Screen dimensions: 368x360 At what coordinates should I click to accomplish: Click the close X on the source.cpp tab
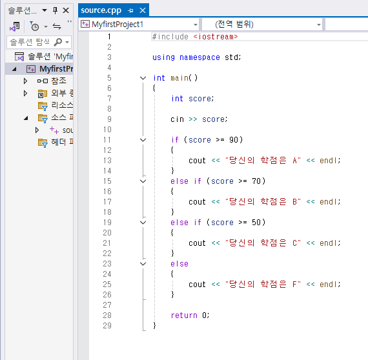point(143,10)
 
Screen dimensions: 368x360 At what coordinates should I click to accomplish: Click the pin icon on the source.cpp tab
point(130,10)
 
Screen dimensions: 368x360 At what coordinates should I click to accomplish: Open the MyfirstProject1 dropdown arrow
point(195,25)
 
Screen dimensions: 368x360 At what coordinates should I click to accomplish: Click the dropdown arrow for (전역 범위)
point(319,25)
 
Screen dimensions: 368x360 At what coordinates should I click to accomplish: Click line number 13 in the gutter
point(107,161)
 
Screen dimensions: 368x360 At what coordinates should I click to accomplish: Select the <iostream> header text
point(216,37)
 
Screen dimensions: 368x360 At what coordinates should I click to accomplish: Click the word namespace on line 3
point(199,57)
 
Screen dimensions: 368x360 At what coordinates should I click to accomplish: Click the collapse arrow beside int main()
point(143,78)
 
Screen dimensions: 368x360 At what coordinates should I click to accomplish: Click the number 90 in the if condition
point(234,140)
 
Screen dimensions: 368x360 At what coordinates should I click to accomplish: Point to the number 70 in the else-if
point(256,181)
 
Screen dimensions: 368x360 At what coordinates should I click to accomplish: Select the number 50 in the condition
point(256,223)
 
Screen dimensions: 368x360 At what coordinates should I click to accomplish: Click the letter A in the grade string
point(295,161)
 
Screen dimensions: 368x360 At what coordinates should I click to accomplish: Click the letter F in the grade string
point(295,285)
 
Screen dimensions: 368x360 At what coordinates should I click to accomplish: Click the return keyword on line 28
point(184,315)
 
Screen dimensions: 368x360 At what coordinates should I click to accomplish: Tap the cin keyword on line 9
point(177,119)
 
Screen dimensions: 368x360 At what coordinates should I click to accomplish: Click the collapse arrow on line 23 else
point(143,264)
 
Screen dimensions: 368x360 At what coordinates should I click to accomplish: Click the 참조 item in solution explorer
point(59,81)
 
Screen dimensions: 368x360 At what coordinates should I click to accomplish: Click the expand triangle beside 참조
point(25,81)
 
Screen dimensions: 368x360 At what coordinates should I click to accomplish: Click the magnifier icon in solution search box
point(57,42)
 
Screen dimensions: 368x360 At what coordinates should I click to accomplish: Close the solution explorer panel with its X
point(66,10)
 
